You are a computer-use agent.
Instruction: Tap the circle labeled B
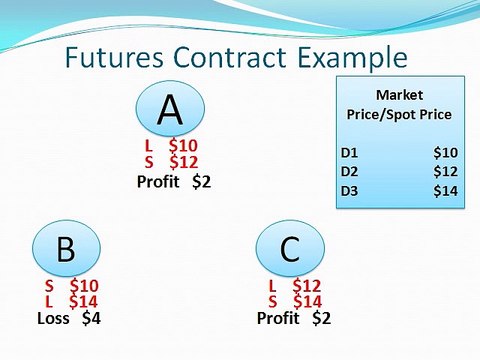click(66, 250)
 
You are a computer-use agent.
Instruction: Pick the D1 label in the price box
click(350, 153)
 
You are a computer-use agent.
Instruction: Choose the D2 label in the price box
click(350, 172)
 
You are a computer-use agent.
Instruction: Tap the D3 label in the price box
click(350, 191)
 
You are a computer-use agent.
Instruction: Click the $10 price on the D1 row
click(445, 153)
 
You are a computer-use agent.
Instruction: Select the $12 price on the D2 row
click(445, 172)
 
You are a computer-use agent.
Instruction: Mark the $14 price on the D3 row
click(445, 191)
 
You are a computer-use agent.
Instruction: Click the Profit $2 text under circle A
click(174, 182)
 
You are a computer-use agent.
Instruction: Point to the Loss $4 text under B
click(67, 319)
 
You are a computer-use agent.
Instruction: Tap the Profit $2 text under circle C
click(293, 319)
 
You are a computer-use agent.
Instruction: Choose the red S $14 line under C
click(293, 301)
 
